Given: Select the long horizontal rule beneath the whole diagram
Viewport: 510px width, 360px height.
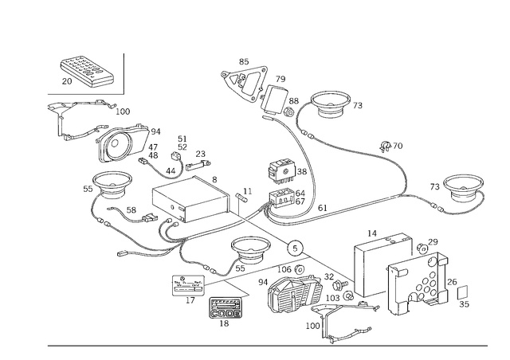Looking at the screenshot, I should click(x=267, y=346).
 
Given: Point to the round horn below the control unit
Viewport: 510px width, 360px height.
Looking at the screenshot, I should click(x=249, y=252).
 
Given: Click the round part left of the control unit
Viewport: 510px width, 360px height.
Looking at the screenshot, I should click(x=112, y=186).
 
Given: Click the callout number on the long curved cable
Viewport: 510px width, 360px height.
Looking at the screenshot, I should click(x=388, y=144).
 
